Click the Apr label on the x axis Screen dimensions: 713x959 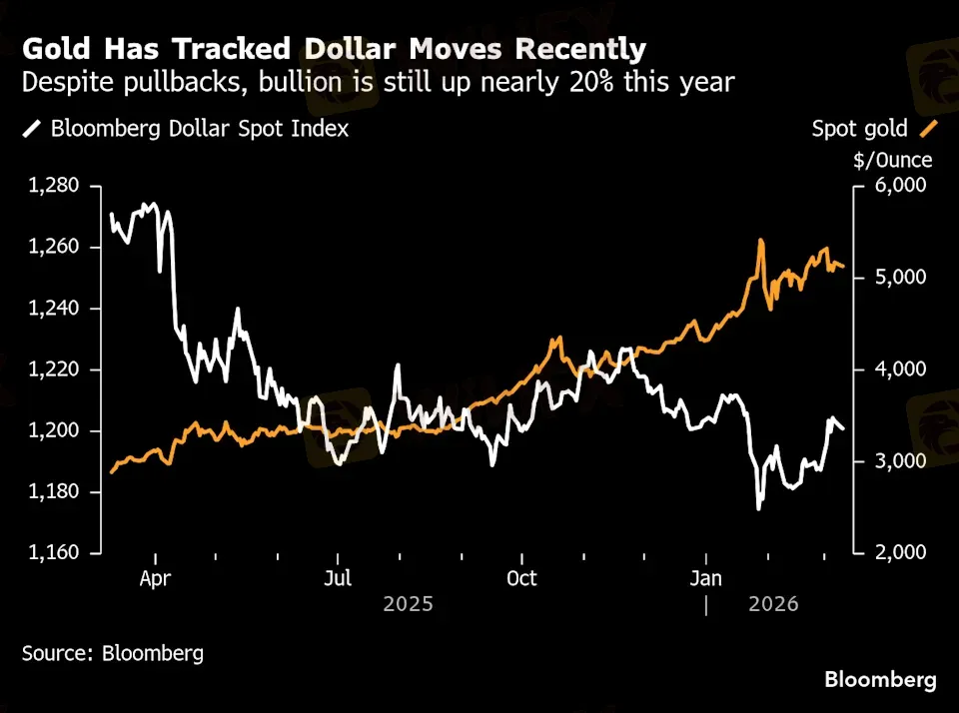click(156, 578)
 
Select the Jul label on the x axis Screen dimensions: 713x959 click(339, 578)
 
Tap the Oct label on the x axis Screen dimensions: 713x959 click(521, 578)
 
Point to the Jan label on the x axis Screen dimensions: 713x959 click(706, 578)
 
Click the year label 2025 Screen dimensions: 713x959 click(408, 604)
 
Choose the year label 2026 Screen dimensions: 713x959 click(773, 604)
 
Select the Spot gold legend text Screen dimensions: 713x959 click(859, 128)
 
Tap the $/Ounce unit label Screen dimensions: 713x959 click(893, 160)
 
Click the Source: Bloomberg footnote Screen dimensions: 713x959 click(113, 654)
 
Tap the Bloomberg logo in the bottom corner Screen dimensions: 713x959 click(880, 680)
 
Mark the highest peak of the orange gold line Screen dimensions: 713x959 click(761, 241)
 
